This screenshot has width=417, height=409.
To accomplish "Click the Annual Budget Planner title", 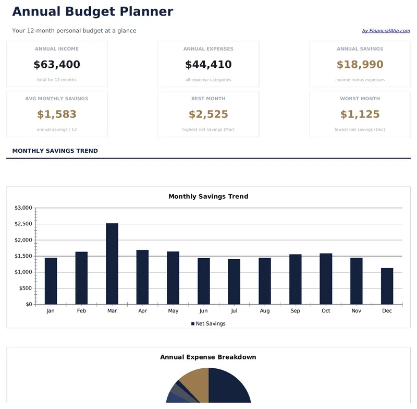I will click(x=92, y=11).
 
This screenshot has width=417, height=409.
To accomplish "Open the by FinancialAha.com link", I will click(x=386, y=31).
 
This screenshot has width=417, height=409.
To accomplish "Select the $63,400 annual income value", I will click(x=57, y=65).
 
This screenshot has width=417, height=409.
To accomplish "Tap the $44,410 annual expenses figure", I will click(x=208, y=65).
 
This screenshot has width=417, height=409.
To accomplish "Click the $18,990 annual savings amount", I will click(x=360, y=65).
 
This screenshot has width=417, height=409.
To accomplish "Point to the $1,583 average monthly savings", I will click(x=57, y=114).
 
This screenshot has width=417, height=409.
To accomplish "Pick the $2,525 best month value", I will click(x=208, y=114).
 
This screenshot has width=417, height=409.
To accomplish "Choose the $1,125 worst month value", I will click(x=360, y=114).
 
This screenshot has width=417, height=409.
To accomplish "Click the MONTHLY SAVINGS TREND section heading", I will click(x=55, y=151).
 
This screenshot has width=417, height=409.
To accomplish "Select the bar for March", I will click(x=112, y=263).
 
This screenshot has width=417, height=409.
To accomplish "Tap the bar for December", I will click(x=387, y=286).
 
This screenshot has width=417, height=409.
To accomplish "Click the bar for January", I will click(x=51, y=281).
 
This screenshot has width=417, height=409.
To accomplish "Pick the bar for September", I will click(x=295, y=279).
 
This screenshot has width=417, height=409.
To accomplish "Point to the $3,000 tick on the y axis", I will click(x=23, y=208).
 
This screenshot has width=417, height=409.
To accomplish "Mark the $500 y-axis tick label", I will click(x=25, y=288).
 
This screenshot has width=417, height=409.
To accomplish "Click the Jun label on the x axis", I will click(x=203, y=311).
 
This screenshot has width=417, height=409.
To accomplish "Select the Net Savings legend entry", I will click(x=208, y=324).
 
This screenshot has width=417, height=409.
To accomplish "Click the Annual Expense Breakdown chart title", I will click(x=208, y=357).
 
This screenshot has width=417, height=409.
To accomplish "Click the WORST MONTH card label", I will click(x=360, y=99).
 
